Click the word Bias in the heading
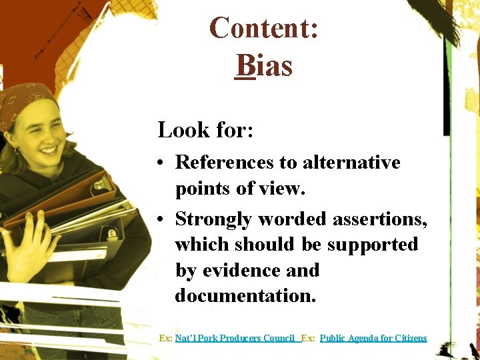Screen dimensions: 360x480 (x=264, y=66)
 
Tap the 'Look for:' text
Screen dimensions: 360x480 (x=205, y=129)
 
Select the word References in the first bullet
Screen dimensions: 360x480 (x=225, y=163)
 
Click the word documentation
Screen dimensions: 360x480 (x=245, y=295)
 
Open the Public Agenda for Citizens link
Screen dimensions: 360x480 (x=373, y=339)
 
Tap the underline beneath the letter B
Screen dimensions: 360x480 (x=245, y=79)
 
